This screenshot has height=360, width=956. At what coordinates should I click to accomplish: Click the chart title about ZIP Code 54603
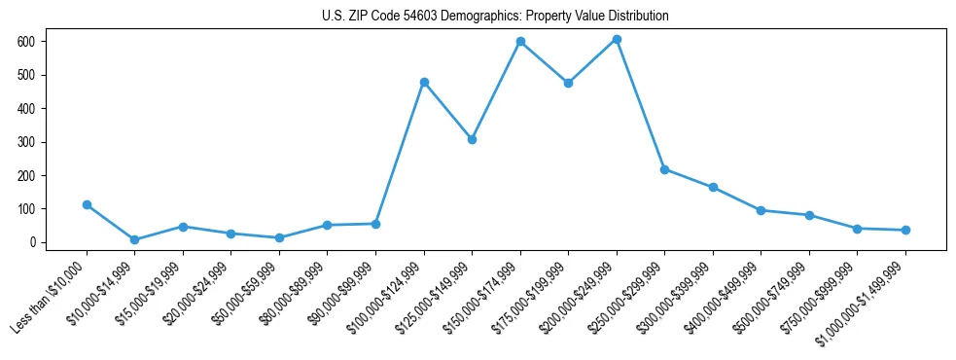click(495, 17)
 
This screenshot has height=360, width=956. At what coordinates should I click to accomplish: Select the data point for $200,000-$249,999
click(617, 39)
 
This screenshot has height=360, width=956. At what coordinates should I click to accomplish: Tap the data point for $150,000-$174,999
click(520, 41)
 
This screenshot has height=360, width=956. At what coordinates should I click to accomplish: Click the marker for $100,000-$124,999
click(424, 82)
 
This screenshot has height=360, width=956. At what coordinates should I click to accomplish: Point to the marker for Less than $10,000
click(87, 204)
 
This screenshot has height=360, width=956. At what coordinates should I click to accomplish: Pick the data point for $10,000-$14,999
click(135, 239)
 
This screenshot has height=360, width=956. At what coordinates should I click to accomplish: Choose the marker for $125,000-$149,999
click(472, 139)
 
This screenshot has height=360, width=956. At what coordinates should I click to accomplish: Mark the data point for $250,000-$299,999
click(664, 169)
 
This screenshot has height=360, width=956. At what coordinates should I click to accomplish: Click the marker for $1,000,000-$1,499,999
click(905, 230)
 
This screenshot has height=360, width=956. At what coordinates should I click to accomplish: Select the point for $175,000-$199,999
click(568, 83)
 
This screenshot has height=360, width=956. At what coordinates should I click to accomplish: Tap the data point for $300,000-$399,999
click(713, 187)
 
